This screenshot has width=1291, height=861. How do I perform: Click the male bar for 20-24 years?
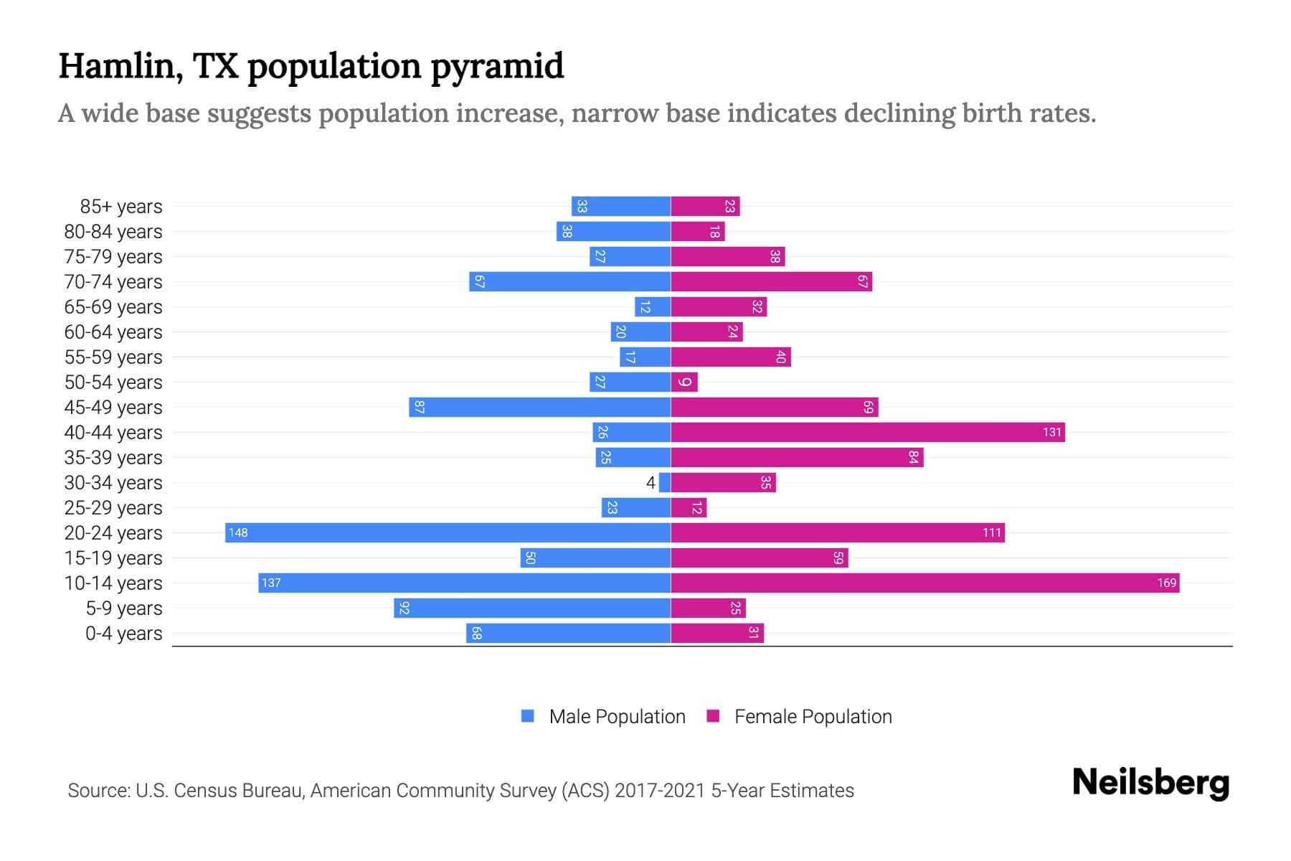point(448,532)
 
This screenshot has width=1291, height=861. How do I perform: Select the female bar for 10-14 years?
point(925,583)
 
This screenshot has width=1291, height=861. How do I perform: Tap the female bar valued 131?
point(868,432)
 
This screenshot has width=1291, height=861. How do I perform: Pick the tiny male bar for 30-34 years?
point(665,482)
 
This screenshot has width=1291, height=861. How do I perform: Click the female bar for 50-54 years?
point(684,382)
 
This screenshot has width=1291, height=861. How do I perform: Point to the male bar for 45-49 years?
point(539,407)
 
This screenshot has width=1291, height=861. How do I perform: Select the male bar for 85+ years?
point(621,206)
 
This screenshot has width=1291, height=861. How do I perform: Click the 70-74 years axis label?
point(113,282)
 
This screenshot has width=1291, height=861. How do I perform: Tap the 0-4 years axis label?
point(123,634)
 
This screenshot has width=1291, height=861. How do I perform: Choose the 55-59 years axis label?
point(113,357)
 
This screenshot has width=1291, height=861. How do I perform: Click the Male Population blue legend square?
point(528,716)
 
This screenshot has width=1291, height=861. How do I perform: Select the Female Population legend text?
point(813,717)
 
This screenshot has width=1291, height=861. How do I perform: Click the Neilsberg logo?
point(1150,783)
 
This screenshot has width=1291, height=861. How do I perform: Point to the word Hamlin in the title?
point(117,66)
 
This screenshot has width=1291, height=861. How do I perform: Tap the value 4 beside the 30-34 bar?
point(651,483)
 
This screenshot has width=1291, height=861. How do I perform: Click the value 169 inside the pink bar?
point(1166,583)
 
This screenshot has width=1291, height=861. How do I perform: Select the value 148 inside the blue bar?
point(238,532)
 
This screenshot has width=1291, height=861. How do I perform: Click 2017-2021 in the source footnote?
point(660,791)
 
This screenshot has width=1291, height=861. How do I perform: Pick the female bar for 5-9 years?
point(708,608)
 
